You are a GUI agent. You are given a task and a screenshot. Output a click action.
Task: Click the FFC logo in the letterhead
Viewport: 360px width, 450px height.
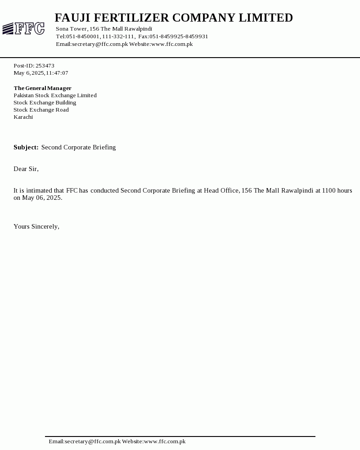(x=23, y=29)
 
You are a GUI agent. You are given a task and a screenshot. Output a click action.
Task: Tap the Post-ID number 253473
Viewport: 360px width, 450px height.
(x=45, y=66)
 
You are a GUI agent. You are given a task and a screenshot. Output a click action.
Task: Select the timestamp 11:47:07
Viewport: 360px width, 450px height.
(x=57, y=73)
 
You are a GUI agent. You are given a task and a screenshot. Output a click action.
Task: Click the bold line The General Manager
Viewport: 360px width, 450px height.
(x=42, y=88)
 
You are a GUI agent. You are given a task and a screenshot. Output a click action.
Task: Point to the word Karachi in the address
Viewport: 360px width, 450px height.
(x=23, y=117)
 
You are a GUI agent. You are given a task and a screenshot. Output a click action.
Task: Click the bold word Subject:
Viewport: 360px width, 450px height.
(x=26, y=147)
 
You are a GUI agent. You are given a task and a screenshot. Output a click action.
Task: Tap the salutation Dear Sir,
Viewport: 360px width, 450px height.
(x=26, y=169)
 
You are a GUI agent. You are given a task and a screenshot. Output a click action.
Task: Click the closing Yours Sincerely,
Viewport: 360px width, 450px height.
(x=36, y=226)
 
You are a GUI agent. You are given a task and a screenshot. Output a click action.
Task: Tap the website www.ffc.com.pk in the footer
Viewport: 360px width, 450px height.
(x=165, y=441)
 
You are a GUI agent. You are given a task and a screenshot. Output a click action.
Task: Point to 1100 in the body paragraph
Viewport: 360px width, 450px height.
(x=328, y=190)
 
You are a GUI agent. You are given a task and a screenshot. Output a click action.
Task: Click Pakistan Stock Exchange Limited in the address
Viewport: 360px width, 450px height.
(x=55, y=95)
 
